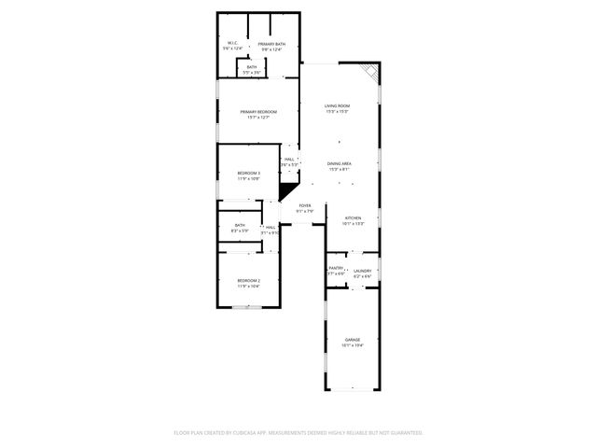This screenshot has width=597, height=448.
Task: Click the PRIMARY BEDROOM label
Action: point(258,111)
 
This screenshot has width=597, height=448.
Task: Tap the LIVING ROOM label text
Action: point(337,106)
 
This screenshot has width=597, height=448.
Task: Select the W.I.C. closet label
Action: point(233,44)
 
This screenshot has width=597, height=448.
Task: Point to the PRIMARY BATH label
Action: point(271,44)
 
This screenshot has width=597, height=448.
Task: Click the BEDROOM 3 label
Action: point(248,173)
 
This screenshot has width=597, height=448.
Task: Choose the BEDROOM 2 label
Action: point(248,280)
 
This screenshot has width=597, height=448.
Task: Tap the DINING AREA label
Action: point(339,163)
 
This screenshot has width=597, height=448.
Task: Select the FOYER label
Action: point(304,205)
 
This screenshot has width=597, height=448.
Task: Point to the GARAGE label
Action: point(352,339)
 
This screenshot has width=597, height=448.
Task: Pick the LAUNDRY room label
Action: point(362,271)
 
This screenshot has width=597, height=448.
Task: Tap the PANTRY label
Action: point(336,269)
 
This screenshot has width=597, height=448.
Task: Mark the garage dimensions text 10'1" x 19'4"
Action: point(352,344)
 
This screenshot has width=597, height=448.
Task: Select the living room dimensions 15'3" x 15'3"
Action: point(337,112)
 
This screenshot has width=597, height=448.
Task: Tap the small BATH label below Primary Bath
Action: point(252,66)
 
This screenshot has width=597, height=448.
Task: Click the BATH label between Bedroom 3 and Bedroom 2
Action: point(240,225)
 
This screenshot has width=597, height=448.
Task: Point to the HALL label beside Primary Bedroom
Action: point(289,160)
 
